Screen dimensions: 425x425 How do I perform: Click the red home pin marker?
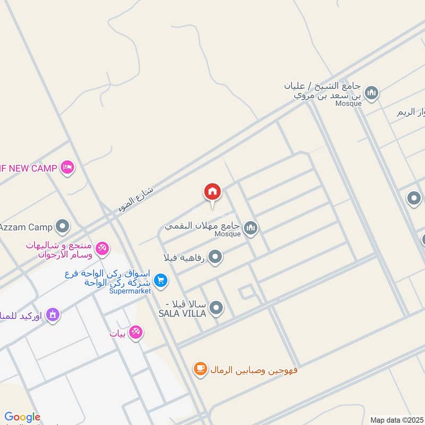click(x=212, y=192)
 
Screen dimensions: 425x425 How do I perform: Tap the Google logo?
click(x=22, y=417)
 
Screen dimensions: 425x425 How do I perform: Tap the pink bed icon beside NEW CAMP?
click(x=67, y=168)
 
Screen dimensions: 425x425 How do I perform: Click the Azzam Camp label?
click(x=27, y=227)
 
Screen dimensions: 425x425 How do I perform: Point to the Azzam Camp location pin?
click(x=63, y=227)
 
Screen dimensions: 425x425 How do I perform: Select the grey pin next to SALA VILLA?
click(x=216, y=307)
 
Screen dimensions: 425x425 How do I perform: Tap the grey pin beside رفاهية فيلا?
click(x=215, y=258)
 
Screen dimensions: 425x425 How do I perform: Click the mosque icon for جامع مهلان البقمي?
click(x=251, y=228)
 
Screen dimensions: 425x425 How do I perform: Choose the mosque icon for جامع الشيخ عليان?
click(x=372, y=93)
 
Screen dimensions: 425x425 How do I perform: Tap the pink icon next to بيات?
click(x=135, y=333)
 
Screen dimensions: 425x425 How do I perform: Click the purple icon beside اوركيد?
click(x=52, y=315)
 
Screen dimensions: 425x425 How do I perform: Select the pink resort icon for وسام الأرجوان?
click(x=103, y=248)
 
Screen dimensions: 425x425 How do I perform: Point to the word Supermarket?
click(x=130, y=291)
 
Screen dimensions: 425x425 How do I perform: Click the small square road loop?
click(x=246, y=292)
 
